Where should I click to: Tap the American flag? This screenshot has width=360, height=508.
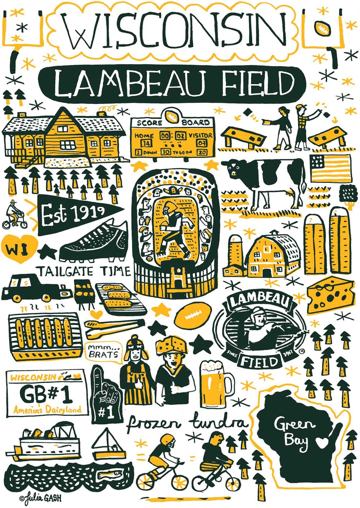pos(330,168)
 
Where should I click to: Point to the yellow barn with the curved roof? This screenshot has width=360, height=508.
pos(271,253)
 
